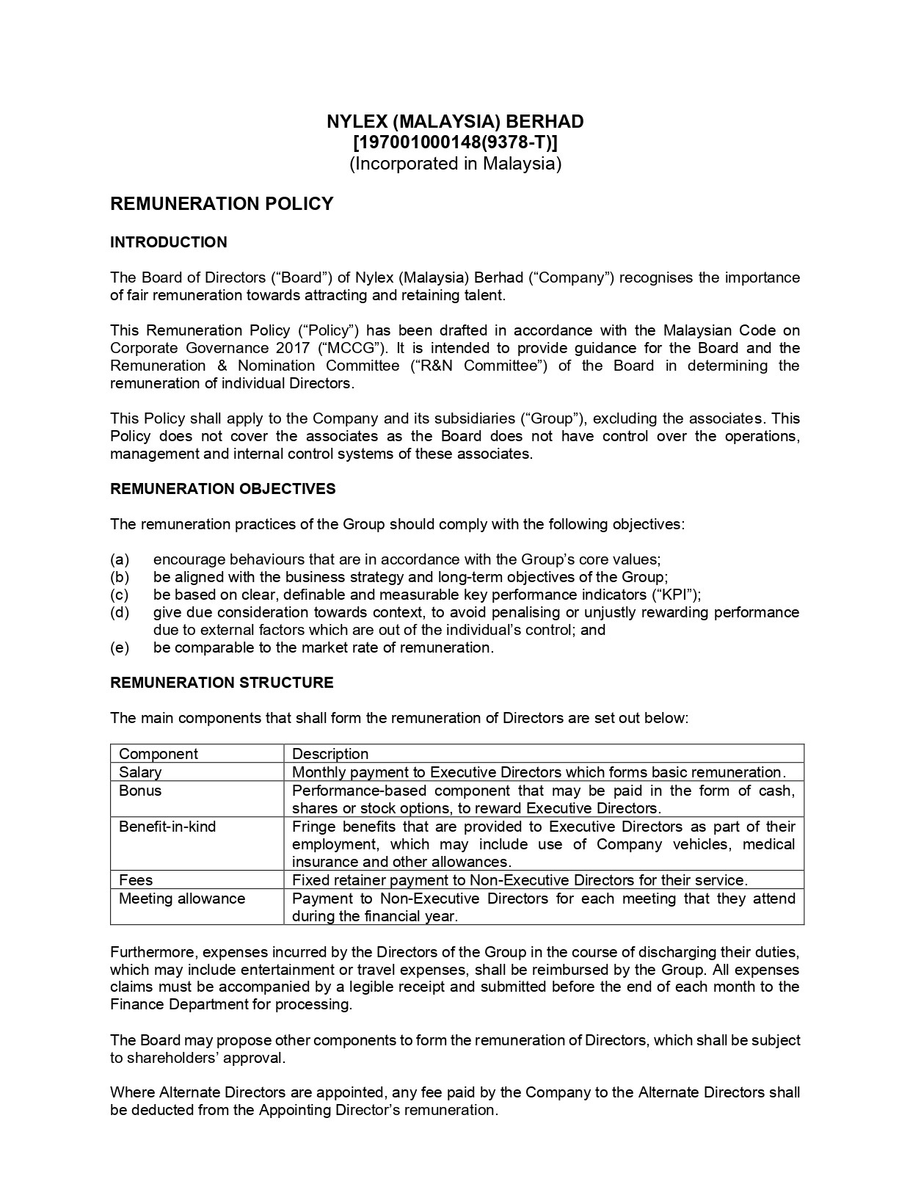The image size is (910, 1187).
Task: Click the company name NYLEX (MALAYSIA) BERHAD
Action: click(455, 122)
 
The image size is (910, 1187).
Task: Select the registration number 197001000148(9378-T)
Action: click(455, 142)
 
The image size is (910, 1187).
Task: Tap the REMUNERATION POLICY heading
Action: click(222, 204)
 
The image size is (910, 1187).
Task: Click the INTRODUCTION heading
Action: click(169, 242)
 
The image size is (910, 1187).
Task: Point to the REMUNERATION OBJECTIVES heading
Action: click(223, 489)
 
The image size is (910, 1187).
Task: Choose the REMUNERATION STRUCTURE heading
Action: click(222, 683)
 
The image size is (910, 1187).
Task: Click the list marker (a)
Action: click(120, 559)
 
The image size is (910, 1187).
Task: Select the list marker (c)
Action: click(120, 595)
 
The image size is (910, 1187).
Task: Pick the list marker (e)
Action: click(120, 647)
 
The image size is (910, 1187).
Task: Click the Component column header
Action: click(159, 754)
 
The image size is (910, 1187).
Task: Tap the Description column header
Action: click(330, 754)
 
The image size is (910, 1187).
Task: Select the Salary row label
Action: click(140, 772)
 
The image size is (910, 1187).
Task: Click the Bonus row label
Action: click(140, 791)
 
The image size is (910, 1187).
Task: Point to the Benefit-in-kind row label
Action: click(167, 827)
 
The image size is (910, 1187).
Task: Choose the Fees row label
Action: click(136, 879)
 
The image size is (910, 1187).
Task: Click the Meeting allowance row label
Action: click(182, 899)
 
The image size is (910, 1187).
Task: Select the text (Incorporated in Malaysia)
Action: click(455, 164)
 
